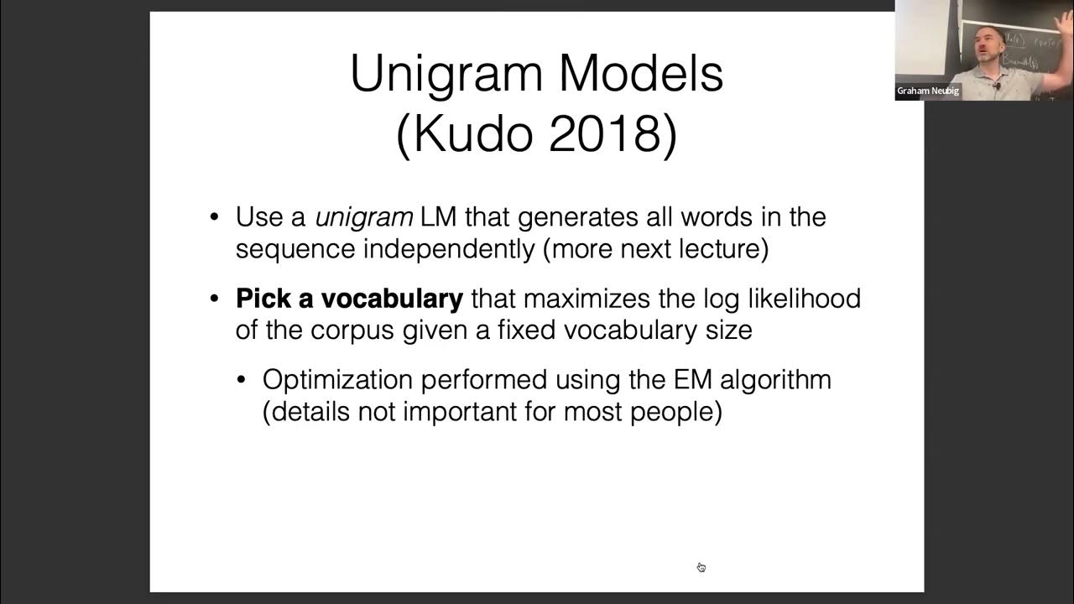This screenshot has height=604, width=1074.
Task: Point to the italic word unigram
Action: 363,217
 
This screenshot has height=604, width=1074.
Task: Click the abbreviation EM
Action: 692,380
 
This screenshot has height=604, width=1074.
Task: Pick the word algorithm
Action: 776,380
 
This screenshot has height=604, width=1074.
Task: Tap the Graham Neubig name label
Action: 928,91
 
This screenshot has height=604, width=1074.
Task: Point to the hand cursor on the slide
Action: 701,567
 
